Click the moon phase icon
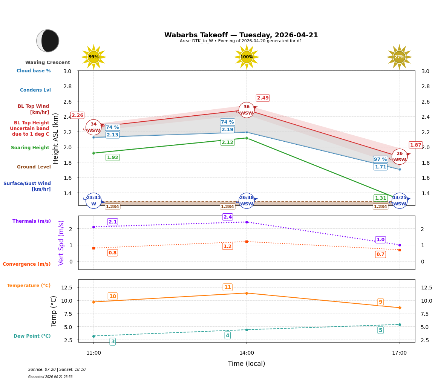(x=48, y=41)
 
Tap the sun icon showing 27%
(x=399, y=57)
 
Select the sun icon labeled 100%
(x=247, y=57)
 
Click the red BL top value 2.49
(x=263, y=98)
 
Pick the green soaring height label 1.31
(x=380, y=198)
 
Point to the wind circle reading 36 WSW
(x=247, y=110)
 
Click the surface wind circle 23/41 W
(x=93, y=200)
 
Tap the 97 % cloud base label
(x=380, y=159)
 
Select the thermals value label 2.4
(x=228, y=217)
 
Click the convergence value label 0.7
(x=380, y=254)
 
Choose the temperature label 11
(x=228, y=288)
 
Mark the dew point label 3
(x=112, y=341)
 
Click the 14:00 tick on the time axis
(x=247, y=353)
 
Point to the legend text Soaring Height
(x=30, y=148)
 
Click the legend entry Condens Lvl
(x=35, y=90)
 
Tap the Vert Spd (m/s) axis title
(x=61, y=243)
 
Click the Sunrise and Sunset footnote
(x=57, y=370)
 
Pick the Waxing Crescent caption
(x=47, y=63)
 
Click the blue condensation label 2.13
(x=112, y=135)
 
